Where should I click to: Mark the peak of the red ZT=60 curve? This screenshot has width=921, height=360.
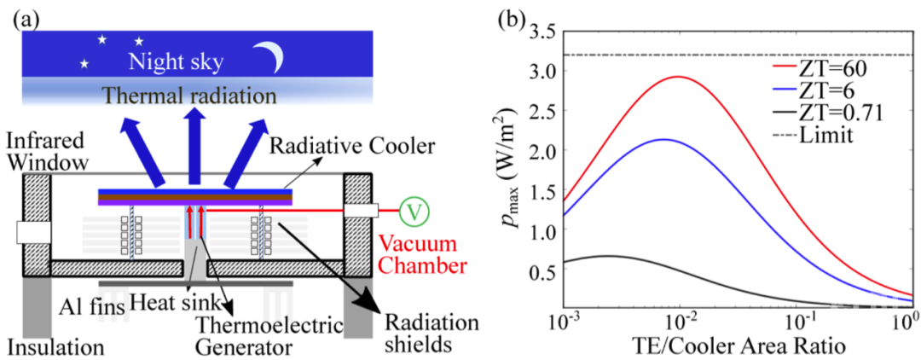678,77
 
